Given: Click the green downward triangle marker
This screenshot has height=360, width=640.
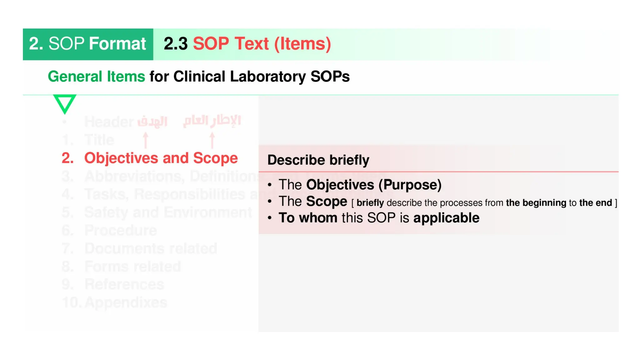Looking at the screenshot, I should click(x=65, y=103).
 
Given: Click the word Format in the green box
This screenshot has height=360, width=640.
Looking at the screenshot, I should click(x=117, y=43).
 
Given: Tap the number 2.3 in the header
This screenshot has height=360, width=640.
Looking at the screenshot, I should click(x=175, y=43).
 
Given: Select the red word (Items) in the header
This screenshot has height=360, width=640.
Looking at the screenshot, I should click(x=302, y=43).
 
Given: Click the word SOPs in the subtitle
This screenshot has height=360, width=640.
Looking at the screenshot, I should click(x=330, y=77).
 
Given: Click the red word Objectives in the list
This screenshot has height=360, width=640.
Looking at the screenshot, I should click(x=121, y=158).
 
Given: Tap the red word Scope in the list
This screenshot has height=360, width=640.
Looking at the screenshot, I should click(x=215, y=158).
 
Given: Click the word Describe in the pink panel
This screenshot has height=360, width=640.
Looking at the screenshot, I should click(x=296, y=160).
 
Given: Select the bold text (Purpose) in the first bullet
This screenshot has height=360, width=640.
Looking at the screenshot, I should click(x=410, y=185).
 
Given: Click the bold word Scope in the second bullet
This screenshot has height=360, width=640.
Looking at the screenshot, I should click(x=327, y=201).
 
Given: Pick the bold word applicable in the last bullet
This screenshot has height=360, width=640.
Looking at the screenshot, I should click(x=446, y=218).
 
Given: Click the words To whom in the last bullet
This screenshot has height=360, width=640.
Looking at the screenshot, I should click(x=308, y=218).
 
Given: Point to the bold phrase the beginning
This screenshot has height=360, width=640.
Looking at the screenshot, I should click(x=536, y=203).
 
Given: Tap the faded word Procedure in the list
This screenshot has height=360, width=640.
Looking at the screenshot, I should click(x=121, y=231).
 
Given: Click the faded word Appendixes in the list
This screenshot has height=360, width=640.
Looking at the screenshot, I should click(x=126, y=302).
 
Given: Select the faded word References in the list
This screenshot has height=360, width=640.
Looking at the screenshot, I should click(x=124, y=284).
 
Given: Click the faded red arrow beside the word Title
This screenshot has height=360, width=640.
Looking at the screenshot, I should click(x=145, y=140).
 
